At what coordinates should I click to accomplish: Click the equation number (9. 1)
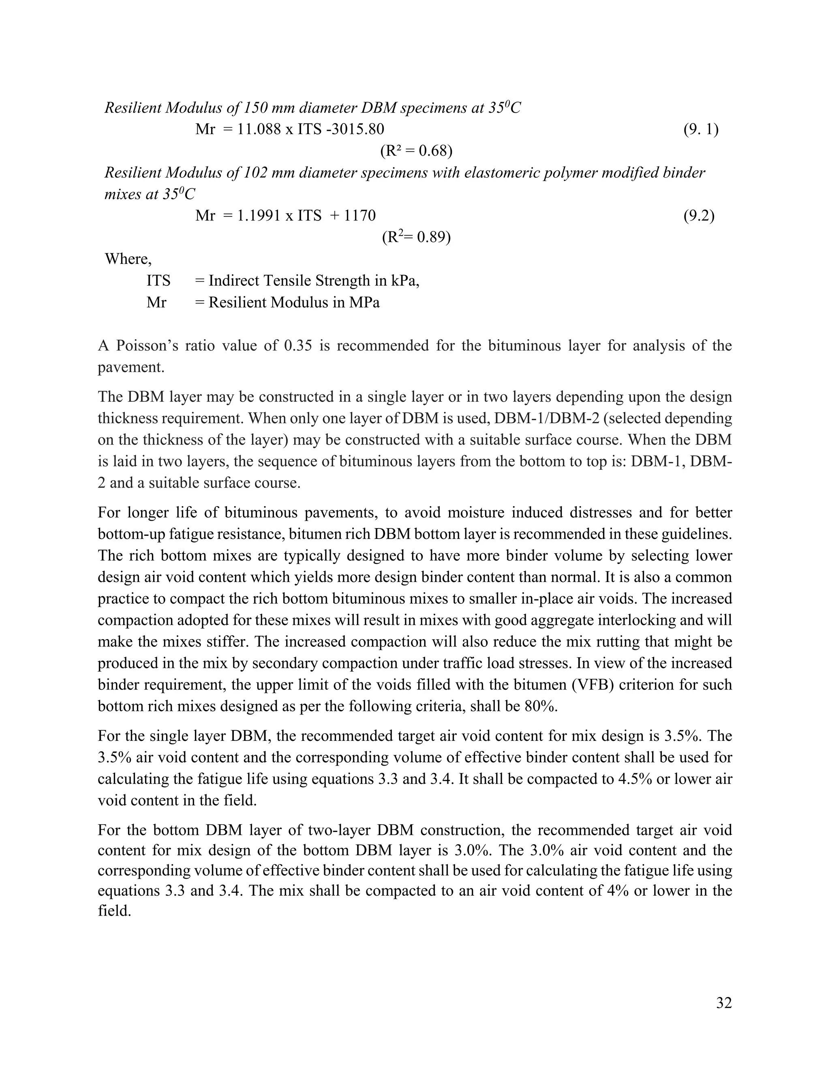coord(701,130)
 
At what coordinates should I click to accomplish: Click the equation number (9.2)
coord(699,215)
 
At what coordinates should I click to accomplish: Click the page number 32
coord(724,1003)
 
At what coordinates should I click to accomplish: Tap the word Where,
coord(128,259)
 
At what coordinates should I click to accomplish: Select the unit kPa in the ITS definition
coord(405,281)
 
